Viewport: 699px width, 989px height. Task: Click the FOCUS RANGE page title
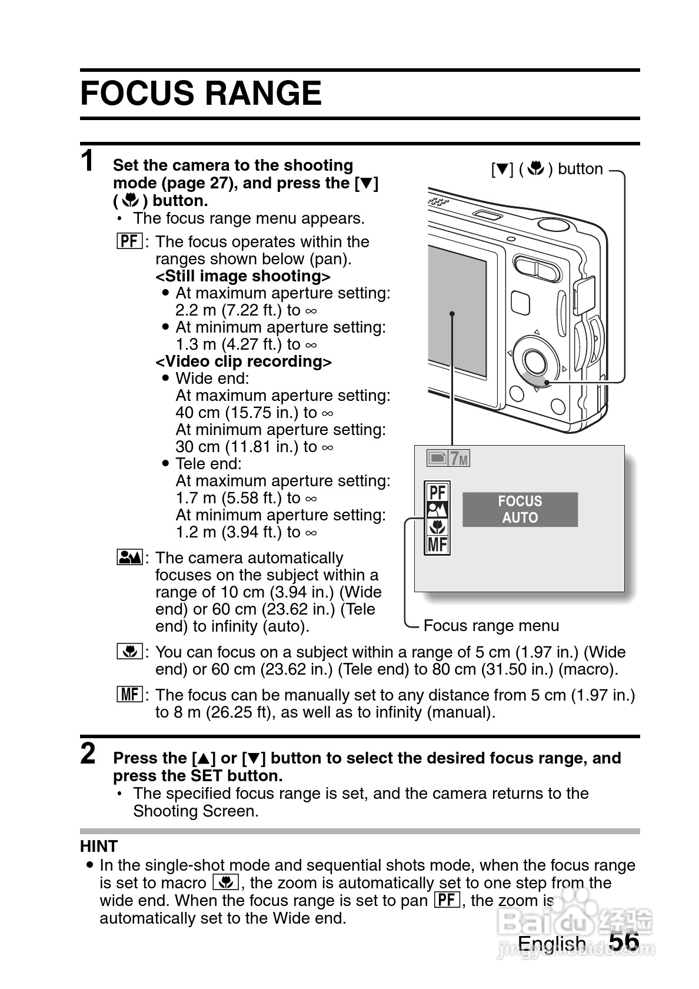click(x=201, y=94)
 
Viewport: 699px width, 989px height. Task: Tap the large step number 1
click(x=88, y=161)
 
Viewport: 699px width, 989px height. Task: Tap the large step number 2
click(x=88, y=754)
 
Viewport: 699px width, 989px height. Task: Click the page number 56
click(x=624, y=941)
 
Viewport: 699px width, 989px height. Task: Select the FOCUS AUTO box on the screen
click(x=520, y=509)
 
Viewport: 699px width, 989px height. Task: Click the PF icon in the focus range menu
click(x=437, y=492)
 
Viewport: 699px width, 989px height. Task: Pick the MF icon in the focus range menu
click(x=437, y=544)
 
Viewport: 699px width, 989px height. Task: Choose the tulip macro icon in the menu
click(x=437, y=526)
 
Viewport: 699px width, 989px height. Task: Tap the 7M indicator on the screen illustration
click(x=458, y=458)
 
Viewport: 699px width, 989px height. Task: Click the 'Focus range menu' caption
click(x=491, y=625)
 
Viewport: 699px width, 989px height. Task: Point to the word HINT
click(x=99, y=846)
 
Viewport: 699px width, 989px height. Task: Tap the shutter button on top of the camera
click(x=552, y=224)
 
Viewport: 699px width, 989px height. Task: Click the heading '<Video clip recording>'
click(x=243, y=361)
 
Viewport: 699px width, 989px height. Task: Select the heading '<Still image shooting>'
click(x=242, y=276)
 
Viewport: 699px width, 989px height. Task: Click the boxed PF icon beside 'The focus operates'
click(x=129, y=241)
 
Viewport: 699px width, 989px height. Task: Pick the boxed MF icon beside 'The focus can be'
click(x=129, y=695)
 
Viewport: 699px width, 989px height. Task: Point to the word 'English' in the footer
click(x=551, y=944)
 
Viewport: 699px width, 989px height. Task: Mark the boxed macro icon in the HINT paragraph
click(x=225, y=882)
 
